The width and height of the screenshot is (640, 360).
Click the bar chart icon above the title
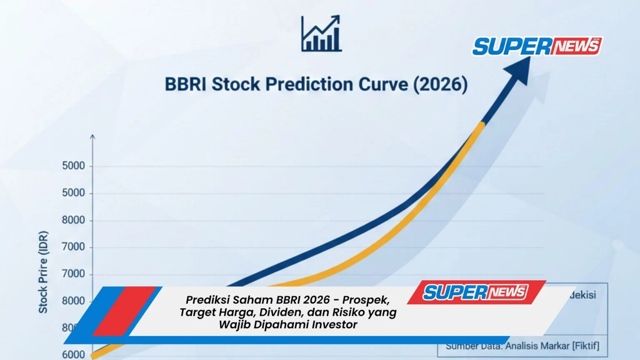click(x=321, y=34)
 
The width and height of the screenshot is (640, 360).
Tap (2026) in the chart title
click(x=440, y=84)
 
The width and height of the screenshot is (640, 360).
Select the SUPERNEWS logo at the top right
click(x=537, y=46)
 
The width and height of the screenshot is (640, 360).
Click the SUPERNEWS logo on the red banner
click(x=475, y=292)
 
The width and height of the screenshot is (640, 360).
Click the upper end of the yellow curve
click(x=482, y=125)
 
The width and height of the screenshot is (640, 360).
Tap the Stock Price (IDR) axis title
click(x=43, y=272)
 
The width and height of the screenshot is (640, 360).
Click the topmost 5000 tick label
click(x=73, y=166)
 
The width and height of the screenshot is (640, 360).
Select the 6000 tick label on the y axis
click(x=73, y=355)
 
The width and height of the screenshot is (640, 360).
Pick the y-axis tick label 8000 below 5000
click(x=73, y=220)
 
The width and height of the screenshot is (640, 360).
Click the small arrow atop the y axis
click(x=92, y=137)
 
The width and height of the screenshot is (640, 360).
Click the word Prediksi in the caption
click(x=207, y=300)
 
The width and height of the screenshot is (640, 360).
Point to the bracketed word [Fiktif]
click(x=586, y=346)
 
